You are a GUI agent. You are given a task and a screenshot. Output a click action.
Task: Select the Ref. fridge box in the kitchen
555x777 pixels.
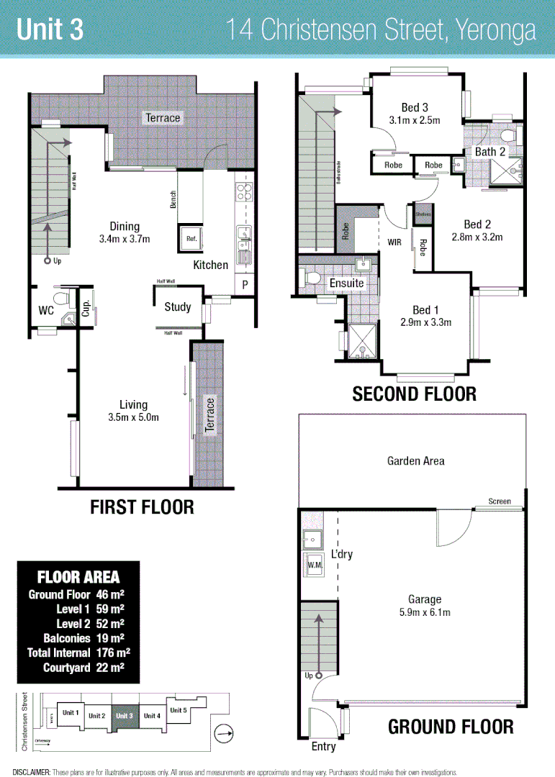[x=191, y=237]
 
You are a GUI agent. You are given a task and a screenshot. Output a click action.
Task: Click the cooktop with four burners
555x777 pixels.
[x=243, y=191]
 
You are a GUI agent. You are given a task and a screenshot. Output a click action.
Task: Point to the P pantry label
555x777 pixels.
[x=245, y=285]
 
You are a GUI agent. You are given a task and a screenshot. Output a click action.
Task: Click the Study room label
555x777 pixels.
[x=178, y=307]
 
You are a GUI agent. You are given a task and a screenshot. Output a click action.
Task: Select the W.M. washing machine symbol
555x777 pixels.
[x=313, y=565]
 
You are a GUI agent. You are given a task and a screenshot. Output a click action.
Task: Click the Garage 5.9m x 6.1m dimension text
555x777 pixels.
[x=425, y=612]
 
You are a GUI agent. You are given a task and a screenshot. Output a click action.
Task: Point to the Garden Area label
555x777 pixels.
[x=415, y=460]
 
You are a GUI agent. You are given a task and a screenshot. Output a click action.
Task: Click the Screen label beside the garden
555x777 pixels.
[x=499, y=501]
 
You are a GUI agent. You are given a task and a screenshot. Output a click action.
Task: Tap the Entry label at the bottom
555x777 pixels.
[x=323, y=746]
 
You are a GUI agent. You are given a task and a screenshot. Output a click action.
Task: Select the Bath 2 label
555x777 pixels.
[x=489, y=152]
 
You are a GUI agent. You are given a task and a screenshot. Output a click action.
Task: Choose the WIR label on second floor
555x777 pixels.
[x=394, y=242]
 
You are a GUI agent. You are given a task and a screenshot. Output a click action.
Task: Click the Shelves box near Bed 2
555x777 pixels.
[x=423, y=214]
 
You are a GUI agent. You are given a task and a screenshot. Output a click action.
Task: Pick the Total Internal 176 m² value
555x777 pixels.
[x=112, y=653]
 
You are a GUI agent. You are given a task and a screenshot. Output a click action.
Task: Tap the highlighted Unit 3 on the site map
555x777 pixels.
[x=124, y=715]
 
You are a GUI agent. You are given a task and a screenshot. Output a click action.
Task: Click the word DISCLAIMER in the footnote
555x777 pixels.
[x=31, y=771]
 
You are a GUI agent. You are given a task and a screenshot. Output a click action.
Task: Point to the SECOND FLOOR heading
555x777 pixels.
[x=414, y=394]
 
